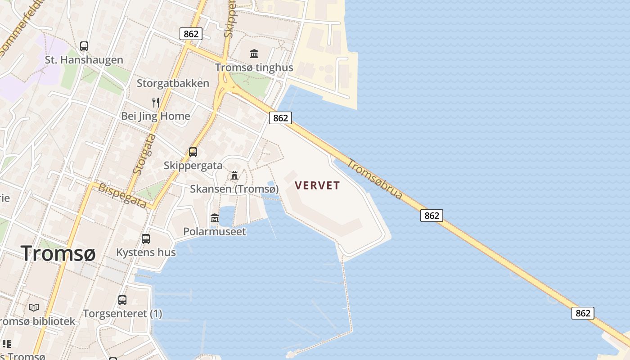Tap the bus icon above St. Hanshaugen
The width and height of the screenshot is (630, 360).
[x=84, y=46]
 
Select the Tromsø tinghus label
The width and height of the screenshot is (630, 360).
[x=254, y=67]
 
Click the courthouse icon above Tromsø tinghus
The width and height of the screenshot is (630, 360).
[x=254, y=54]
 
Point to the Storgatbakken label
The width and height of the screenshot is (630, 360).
[x=173, y=83]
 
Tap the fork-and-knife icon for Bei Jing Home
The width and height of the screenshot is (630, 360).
[x=156, y=103]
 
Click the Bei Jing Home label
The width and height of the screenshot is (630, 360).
[x=156, y=116]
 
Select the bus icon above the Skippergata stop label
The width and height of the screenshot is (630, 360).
[x=193, y=152]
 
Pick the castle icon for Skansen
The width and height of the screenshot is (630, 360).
[x=234, y=175]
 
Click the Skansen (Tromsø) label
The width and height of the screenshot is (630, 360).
[x=234, y=189]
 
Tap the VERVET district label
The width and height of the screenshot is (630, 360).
[x=317, y=185]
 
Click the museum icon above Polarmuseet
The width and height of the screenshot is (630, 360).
[x=215, y=218]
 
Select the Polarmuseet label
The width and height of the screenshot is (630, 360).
[x=215, y=232]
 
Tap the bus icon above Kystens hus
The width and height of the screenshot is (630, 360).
[x=146, y=239]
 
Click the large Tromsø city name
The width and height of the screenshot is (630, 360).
[x=58, y=253]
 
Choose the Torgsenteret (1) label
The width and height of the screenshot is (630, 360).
[x=122, y=313]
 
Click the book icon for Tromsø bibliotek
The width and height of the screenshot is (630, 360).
[x=34, y=307]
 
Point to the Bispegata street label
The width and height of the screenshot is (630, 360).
[x=122, y=196]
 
